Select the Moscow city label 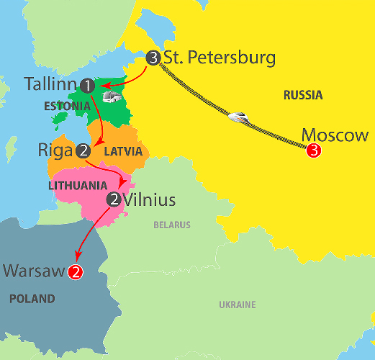(335, 135)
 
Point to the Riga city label (55, 150)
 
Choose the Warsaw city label (35, 271)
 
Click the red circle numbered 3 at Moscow (314, 151)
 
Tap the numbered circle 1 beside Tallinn (88, 86)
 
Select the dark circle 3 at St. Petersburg (153, 58)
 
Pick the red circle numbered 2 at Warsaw (75, 272)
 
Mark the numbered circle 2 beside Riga (83, 151)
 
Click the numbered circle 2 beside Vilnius (113, 199)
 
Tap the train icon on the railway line (238, 115)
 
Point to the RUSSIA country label (302, 95)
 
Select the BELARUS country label (172, 225)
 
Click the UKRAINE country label (237, 305)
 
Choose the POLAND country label (32, 298)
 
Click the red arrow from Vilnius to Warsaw (92, 234)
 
